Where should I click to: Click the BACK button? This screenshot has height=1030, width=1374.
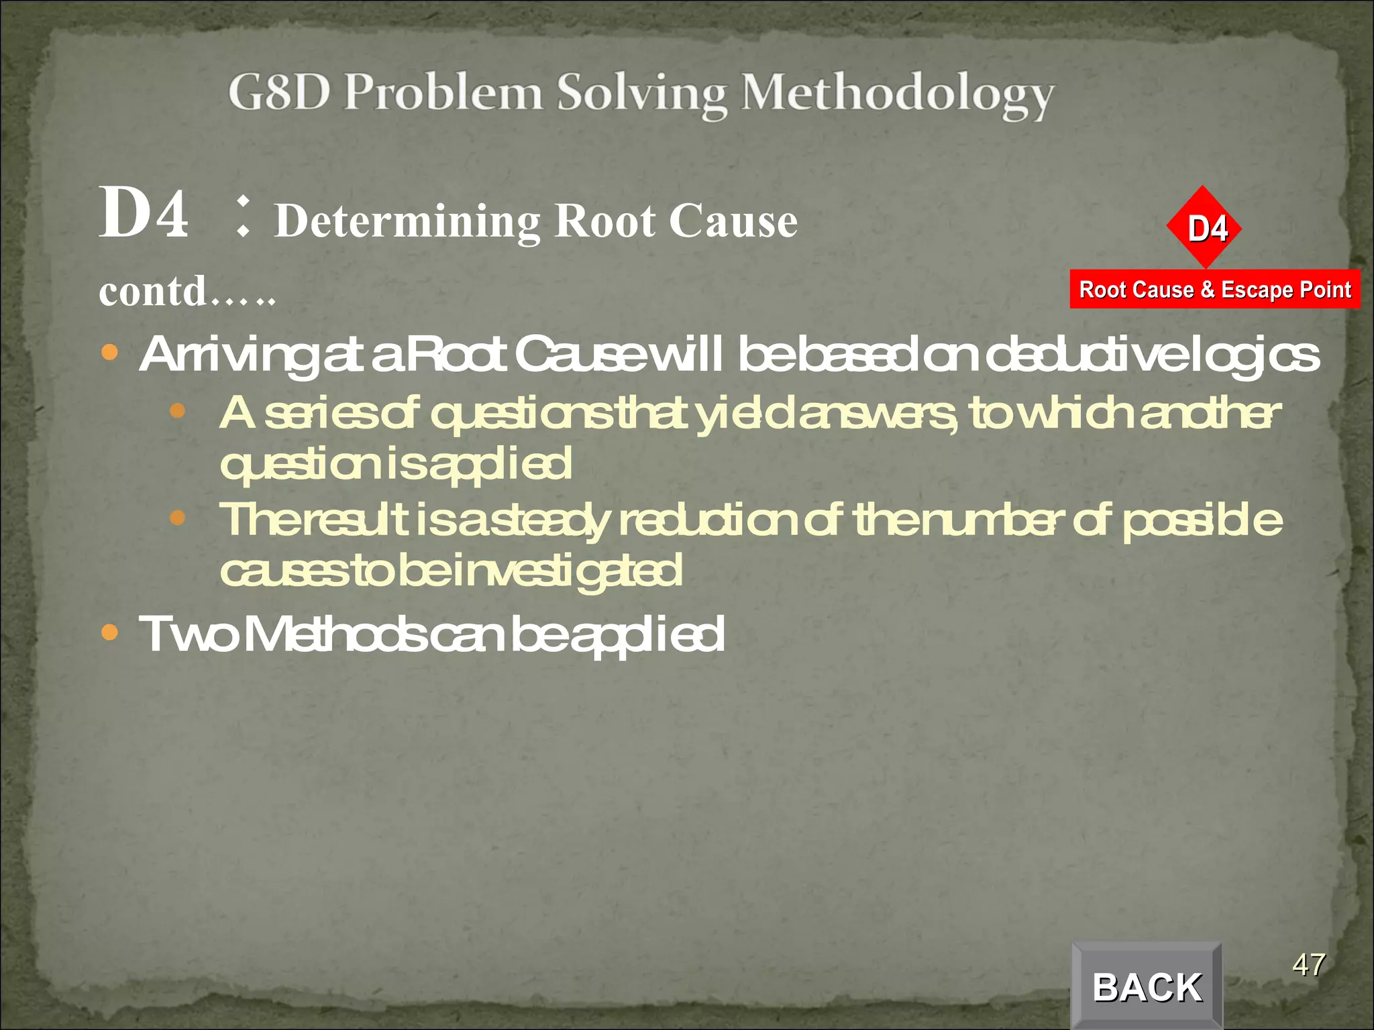coord(1147,986)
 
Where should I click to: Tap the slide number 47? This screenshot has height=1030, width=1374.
coord(1309,965)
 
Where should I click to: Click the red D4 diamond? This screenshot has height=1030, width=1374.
coord(1205,228)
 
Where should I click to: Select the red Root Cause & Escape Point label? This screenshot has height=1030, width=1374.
coord(1214,290)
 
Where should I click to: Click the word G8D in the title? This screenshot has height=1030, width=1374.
coord(279,93)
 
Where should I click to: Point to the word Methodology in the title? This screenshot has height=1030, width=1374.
coord(898,94)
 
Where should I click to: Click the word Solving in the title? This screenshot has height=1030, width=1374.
coord(642,94)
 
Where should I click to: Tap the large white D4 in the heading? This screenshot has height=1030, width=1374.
coord(144,213)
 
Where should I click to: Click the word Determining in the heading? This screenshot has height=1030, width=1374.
coord(408,221)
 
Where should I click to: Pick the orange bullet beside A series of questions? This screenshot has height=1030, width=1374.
coord(177,410)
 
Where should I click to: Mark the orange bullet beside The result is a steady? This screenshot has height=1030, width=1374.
coord(177,517)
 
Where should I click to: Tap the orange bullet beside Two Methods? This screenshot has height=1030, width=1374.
coord(109,632)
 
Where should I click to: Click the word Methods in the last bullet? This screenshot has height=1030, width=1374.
coord(333,634)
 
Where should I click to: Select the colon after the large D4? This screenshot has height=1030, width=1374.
coord(243,216)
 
